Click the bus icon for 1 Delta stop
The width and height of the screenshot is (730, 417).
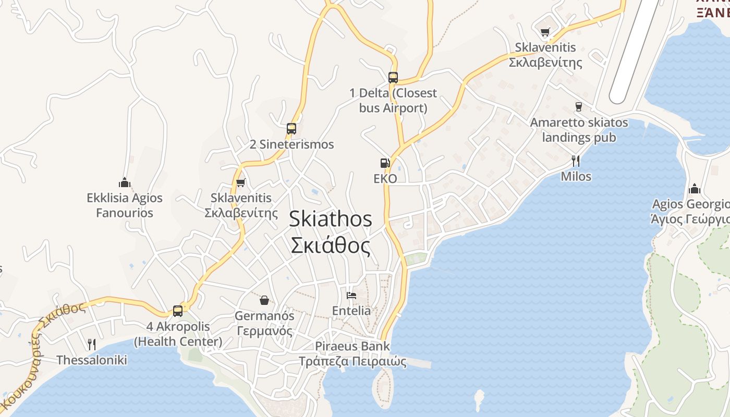(393, 78)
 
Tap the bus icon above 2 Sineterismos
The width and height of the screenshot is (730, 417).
(291, 128)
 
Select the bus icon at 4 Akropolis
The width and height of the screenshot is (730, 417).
(178, 311)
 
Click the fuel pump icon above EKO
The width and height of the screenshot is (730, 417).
(385, 163)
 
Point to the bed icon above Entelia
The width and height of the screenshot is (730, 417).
(351, 296)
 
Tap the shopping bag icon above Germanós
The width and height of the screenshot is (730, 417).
(264, 300)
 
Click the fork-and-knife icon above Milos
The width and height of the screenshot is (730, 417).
(576, 161)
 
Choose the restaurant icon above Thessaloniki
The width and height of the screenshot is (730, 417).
(92, 344)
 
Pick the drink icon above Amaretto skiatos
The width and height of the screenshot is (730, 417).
(578, 107)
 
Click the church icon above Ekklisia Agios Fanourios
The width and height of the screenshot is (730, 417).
(124, 182)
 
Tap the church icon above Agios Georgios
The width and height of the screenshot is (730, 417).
(695, 189)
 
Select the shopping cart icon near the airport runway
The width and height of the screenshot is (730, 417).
(545, 32)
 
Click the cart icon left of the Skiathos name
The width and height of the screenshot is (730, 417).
(240, 182)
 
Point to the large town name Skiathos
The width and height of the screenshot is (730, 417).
(331, 219)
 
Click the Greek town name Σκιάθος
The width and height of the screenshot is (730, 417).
(331, 246)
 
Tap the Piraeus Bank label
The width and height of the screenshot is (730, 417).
(352, 346)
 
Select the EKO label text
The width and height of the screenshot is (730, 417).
(385, 179)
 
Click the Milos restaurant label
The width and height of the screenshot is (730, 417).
(576, 177)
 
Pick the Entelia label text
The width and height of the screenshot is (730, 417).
(351, 311)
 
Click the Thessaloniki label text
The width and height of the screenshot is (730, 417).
(92, 360)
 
